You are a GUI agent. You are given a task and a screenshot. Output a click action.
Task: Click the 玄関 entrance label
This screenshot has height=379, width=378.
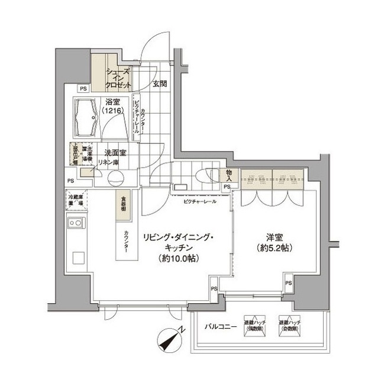pyautogui.click(x=159, y=84)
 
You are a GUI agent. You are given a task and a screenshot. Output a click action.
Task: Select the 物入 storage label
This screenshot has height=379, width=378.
pyautogui.click(x=227, y=176)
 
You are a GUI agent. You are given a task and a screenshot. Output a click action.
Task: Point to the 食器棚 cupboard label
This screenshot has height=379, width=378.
pyautogui.click(x=119, y=204)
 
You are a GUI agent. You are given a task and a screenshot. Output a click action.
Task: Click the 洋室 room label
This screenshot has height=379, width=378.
pyautogui.click(x=272, y=235)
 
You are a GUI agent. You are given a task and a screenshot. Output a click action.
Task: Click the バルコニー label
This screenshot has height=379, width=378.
pyautogui.click(x=221, y=327)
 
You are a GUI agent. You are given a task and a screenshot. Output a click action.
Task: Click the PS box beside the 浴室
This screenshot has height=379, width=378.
pyautogui.click(x=83, y=89)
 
